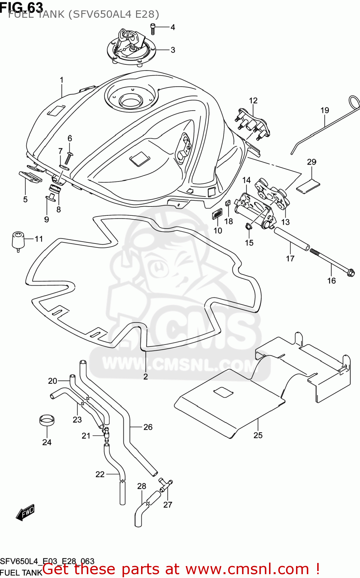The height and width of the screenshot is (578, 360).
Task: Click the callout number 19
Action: point(325,111)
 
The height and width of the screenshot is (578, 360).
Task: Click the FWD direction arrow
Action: point(25,512)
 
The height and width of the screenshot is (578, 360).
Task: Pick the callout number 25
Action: point(258,435)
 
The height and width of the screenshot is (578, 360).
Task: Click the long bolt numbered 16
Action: point(331,262)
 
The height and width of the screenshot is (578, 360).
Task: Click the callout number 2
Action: point(145,376)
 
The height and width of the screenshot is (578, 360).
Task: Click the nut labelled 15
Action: point(248,227)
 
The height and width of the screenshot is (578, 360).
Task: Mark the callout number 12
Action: point(253,101)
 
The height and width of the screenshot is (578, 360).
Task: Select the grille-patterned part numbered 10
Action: point(217,213)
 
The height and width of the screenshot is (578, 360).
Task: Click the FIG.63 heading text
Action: point(22,7)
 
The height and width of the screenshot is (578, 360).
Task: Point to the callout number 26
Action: point(148,427)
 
